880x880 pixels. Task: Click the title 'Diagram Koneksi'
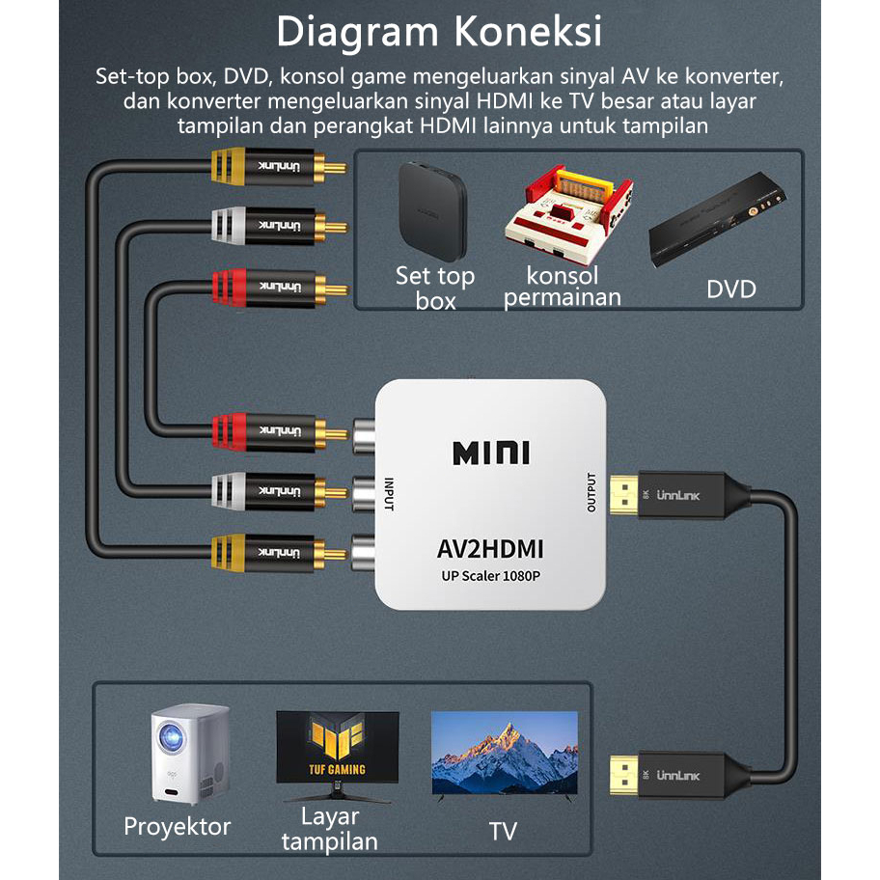(x=439, y=32)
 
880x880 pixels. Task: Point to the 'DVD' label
(x=730, y=289)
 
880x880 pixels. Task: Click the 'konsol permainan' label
(x=562, y=287)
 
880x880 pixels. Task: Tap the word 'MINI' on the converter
(x=490, y=451)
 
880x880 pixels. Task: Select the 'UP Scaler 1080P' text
(x=490, y=576)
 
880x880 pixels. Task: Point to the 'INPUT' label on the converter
(x=390, y=494)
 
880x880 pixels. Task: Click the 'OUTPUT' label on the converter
(x=591, y=492)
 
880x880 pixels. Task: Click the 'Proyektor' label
(x=178, y=827)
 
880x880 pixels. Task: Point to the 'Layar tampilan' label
(x=329, y=828)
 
